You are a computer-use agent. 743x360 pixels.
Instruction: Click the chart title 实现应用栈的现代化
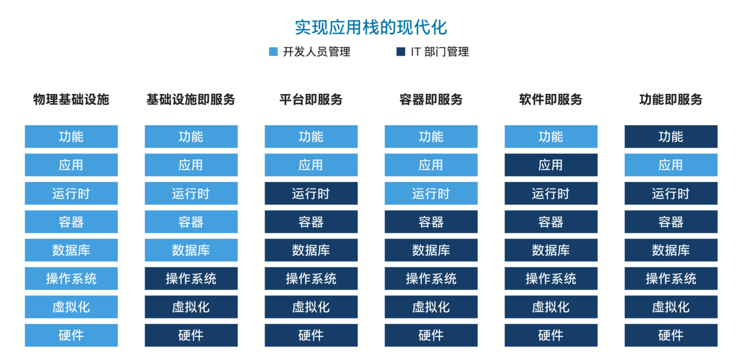[371, 28]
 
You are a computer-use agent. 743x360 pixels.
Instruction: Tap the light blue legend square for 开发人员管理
[273, 51]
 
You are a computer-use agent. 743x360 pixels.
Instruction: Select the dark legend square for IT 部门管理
[401, 51]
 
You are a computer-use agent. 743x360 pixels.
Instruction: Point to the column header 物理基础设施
[71, 99]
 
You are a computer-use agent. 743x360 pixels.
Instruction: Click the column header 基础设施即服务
[191, 99]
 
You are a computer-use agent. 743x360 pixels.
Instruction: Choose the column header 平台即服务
[311, 99]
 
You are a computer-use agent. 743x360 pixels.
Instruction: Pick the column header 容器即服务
[431, 99]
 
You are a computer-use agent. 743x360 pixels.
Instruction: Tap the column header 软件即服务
[551, 99]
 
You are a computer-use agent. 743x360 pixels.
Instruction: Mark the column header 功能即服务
[671, 99]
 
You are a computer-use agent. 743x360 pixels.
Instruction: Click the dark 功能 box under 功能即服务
[671, 136]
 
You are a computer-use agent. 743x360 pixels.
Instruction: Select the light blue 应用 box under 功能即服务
[671, 165]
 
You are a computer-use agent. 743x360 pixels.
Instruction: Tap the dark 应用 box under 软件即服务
[551, 165]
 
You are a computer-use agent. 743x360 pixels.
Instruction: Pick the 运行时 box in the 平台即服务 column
[311, 193]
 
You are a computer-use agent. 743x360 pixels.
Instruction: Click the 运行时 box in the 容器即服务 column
[431, 193]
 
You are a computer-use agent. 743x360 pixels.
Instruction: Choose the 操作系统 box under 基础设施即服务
[191, 278]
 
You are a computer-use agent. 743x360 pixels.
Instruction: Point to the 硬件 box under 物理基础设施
[71, 335]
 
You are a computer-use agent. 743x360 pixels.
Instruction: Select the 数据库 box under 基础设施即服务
[191, 250]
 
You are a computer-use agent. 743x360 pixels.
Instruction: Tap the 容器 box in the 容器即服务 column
[431, 222]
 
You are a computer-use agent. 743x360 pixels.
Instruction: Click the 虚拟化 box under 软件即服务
[551, 307]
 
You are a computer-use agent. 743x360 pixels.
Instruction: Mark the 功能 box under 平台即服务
[311, 136]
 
